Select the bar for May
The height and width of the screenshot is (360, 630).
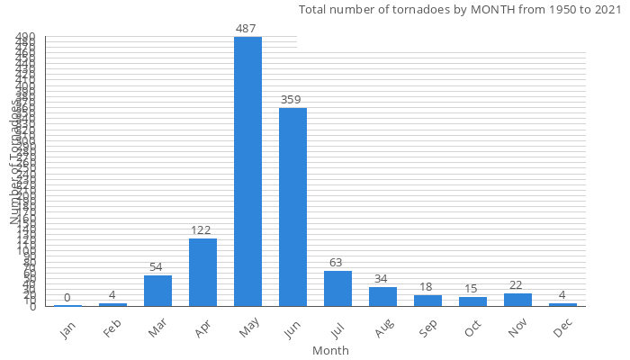point(247,171)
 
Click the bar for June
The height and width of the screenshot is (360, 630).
point(292,207)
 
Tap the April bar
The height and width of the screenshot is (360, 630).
point(202,272)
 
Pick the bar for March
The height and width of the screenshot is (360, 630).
point(157,291)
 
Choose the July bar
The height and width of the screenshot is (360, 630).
point(337,288)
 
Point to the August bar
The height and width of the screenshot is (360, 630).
point(382,296)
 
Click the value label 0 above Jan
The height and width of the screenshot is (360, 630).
point(67,298)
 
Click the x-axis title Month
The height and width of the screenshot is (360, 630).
point(330,350)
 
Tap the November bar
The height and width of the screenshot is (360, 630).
point(517,300)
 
